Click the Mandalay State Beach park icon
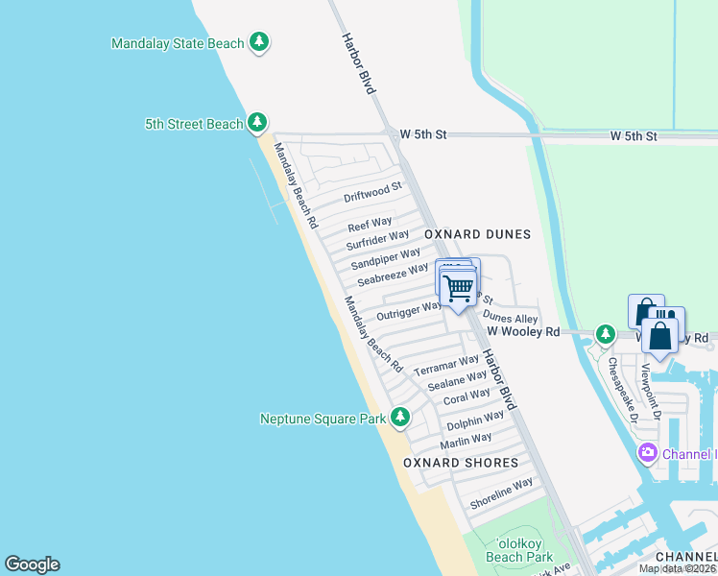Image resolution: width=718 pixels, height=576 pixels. click(258, 41)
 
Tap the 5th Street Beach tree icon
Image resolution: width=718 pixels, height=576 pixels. click(256, 122)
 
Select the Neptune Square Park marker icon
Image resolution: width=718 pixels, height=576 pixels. click(400, 417)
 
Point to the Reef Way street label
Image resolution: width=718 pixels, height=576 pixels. click(370, 225)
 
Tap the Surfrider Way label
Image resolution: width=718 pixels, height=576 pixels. click(378, 240)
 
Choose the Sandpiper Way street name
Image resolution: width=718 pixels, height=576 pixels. click(385, 259)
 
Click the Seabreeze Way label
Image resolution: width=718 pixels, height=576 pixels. click(392, 276)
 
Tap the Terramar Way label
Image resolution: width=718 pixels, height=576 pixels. click(445, 366)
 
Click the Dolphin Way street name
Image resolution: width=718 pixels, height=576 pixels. click(474, 420)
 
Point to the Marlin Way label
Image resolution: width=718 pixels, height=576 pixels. click(466, 441)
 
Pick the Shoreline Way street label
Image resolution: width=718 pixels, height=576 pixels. click(501, 494)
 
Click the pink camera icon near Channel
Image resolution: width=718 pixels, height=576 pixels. click(648, 452)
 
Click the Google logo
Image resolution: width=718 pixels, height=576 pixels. click(32, 564)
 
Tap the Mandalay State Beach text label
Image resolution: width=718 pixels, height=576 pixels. click(178, 43)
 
